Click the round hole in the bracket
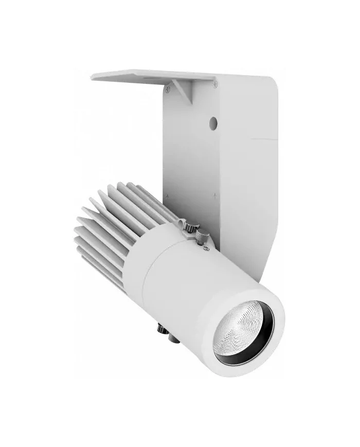click(x=213, y=122)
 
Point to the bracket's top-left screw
click(x=168, y=88)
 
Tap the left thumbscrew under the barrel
click(x=161, y=327)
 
